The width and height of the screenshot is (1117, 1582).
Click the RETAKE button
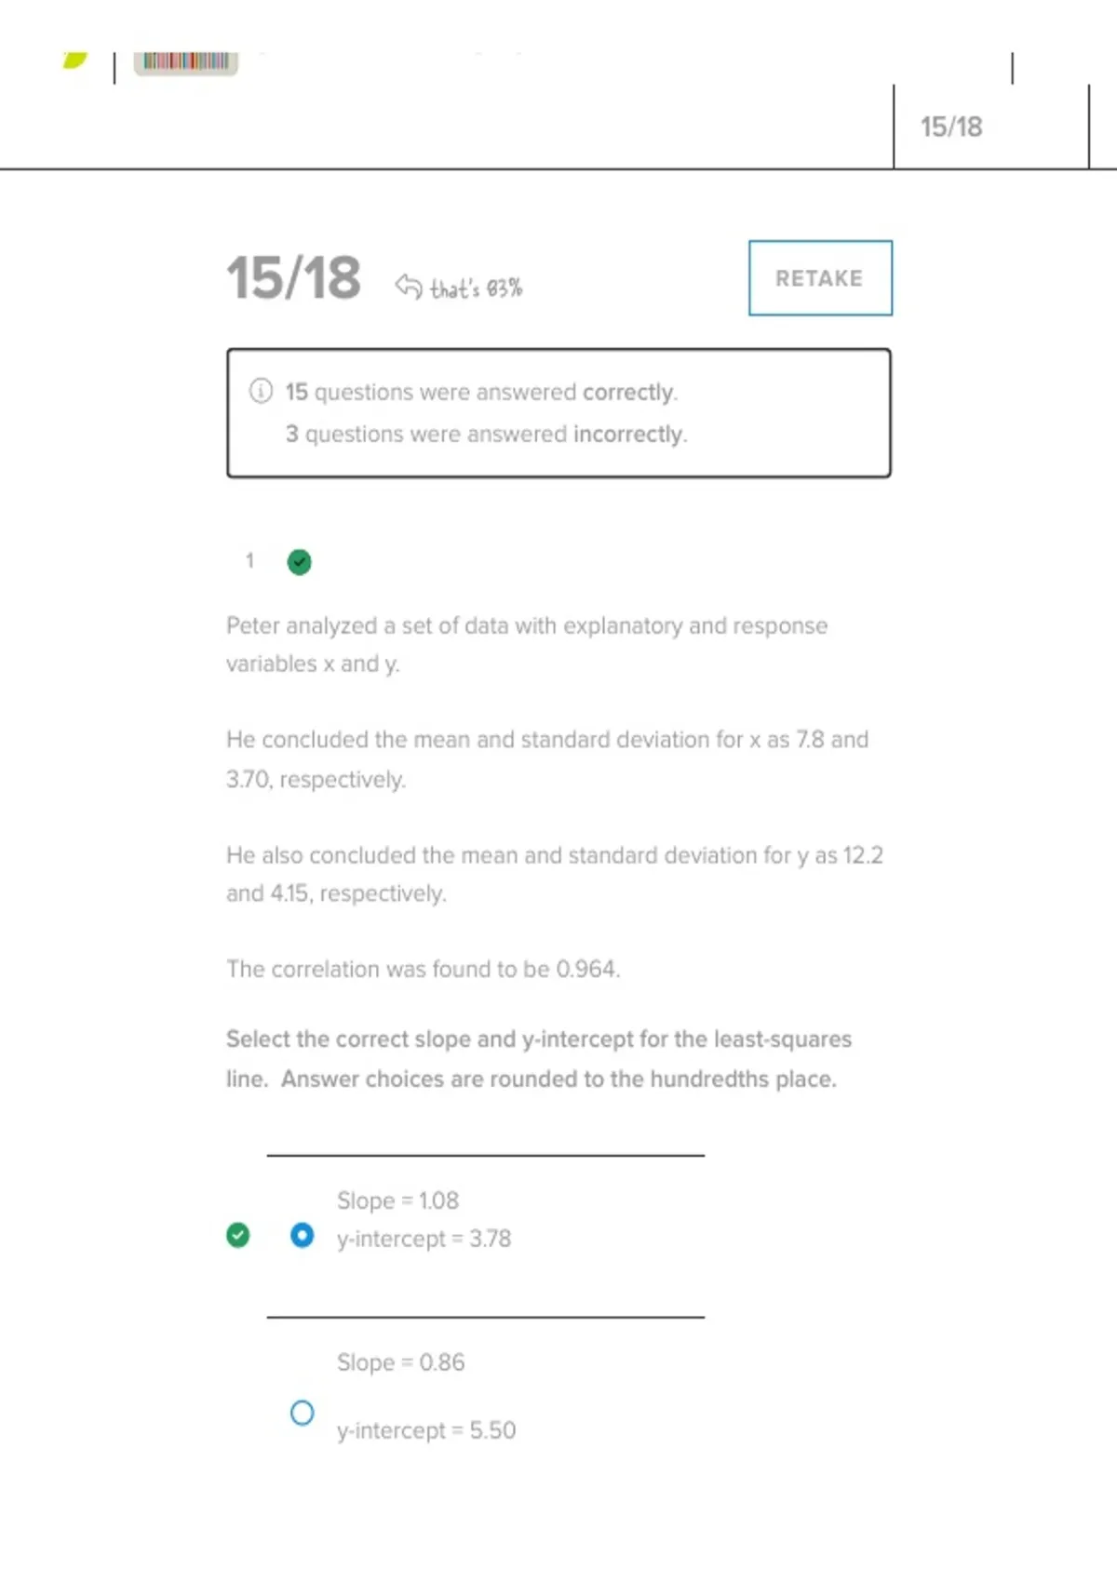coord(819,278)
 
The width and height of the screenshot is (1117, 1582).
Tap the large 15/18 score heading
coord(293,278)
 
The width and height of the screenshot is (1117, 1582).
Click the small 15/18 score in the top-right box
coord(950,127)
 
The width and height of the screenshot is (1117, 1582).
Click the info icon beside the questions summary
coord(261,391)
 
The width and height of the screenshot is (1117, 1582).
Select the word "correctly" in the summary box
coord(627,392)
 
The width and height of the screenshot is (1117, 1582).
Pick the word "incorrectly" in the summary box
coord(628,435)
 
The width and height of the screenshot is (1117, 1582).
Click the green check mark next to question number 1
coord(299,562)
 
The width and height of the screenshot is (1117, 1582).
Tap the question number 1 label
coord(249,560)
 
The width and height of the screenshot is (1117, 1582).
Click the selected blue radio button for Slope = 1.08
coord(302,1235)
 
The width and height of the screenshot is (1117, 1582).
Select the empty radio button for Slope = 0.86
coord(302,1413)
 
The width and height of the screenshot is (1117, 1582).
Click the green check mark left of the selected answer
coord(238,1235)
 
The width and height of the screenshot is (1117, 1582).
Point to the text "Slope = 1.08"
coord(397,1200)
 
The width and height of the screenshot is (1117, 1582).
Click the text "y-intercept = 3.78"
coord(424,1239)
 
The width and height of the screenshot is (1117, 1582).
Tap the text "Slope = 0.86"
coord(400,1362)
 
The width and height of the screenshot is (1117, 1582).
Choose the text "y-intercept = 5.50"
coord(425,1430)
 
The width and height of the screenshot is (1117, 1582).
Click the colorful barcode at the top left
coord(186,61)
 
